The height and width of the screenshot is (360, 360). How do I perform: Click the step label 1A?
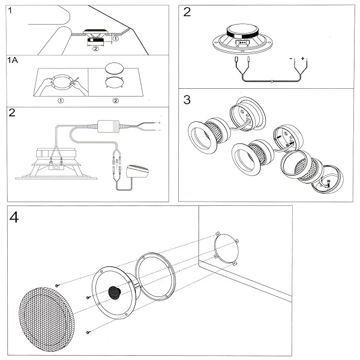tap(13, 61)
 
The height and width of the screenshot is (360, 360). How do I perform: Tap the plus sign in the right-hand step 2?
tap(303, 59)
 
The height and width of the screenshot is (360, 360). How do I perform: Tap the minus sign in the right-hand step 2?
tap(291, 59)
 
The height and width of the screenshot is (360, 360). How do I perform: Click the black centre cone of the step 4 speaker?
tap(115, 292)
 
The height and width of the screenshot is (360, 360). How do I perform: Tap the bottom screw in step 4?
tap(88, 332)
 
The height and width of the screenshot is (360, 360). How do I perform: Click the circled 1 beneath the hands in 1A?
tap(61, 100)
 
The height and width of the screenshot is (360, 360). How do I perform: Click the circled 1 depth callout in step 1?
tap(116, 40)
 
